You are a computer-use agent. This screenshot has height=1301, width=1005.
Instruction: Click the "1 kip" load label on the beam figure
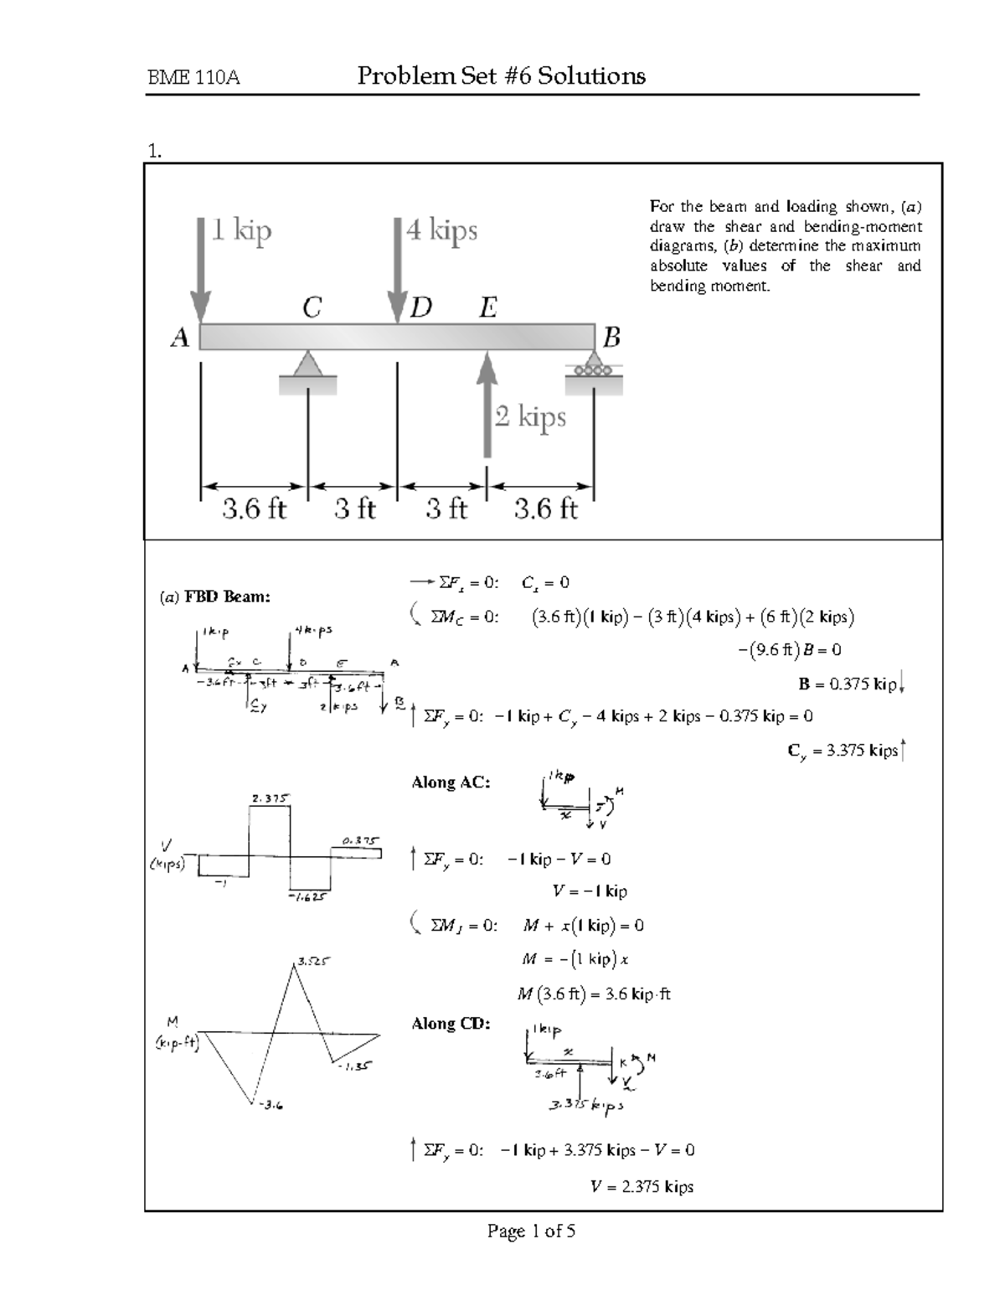pyautogui.click(x=241, y=230)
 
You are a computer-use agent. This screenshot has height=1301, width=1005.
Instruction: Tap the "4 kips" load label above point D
pyautogui.click(x=441, y=230)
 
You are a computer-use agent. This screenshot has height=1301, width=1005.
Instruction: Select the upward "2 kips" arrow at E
pyautogui.click(x=487, y=402)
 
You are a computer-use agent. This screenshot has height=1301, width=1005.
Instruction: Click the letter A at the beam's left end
pyautogui.click(x=180, y=338)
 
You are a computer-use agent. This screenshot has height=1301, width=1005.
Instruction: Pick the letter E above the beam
pyautogui.click(x=487, y=308)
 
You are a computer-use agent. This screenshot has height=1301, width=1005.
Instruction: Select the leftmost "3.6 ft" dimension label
pyautogui.click(x=254, y=509)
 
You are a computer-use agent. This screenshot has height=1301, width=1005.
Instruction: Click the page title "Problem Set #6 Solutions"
pyautogui.click(x=501, y=77)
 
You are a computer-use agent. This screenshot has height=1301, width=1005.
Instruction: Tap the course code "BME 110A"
pyautogui.click(x=193, y=79)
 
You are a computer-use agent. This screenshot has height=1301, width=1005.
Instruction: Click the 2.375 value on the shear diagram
pyautogui.click(x=270, y=798)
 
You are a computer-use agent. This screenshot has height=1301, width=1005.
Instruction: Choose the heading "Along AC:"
pyautogui.click(x=451, y=782)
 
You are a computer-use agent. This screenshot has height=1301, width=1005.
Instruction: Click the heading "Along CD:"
pyautogui.click(x=451, y=1023)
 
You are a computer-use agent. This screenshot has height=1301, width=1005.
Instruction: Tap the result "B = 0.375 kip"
pyautogui.click(x=848, y=684)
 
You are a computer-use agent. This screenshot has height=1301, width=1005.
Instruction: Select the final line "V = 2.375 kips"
pyautogui.click(x=642, y=1186)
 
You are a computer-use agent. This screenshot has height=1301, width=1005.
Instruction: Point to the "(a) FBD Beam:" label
pyautogui.click(x=215, y=596)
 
